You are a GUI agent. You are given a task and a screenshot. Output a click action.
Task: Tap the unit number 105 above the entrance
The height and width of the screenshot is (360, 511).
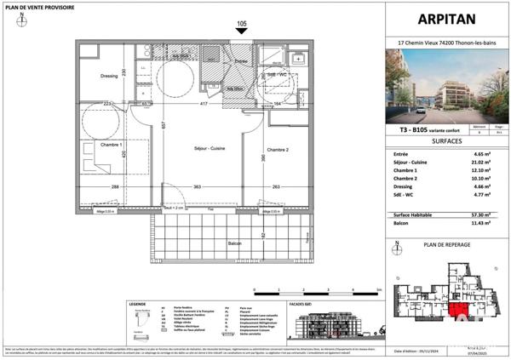241,23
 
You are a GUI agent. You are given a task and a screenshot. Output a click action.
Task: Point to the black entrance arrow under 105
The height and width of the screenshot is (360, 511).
241,31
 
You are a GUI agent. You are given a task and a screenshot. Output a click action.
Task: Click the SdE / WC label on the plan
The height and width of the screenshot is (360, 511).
281,75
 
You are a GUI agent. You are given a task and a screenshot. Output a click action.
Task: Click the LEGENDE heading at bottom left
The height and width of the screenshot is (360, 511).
138,304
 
